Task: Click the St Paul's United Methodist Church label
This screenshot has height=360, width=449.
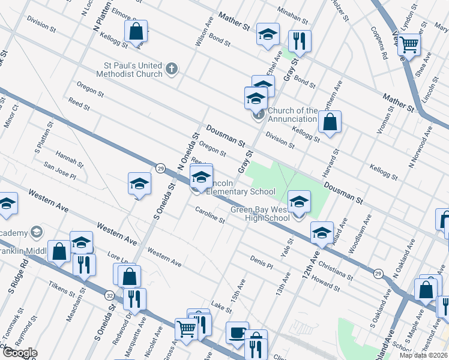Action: coord(132,70)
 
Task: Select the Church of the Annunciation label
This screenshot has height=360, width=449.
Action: coord(292,115)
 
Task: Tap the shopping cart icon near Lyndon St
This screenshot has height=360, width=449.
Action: coord(409,44)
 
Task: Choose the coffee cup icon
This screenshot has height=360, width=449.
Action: coord(237,332)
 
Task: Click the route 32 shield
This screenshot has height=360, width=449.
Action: coord(109,295)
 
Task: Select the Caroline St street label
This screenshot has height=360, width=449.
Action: coord(209,215)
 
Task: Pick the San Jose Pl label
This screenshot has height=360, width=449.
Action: coord(59,172)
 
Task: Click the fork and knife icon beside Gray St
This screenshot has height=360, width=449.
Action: coord(299,41)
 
